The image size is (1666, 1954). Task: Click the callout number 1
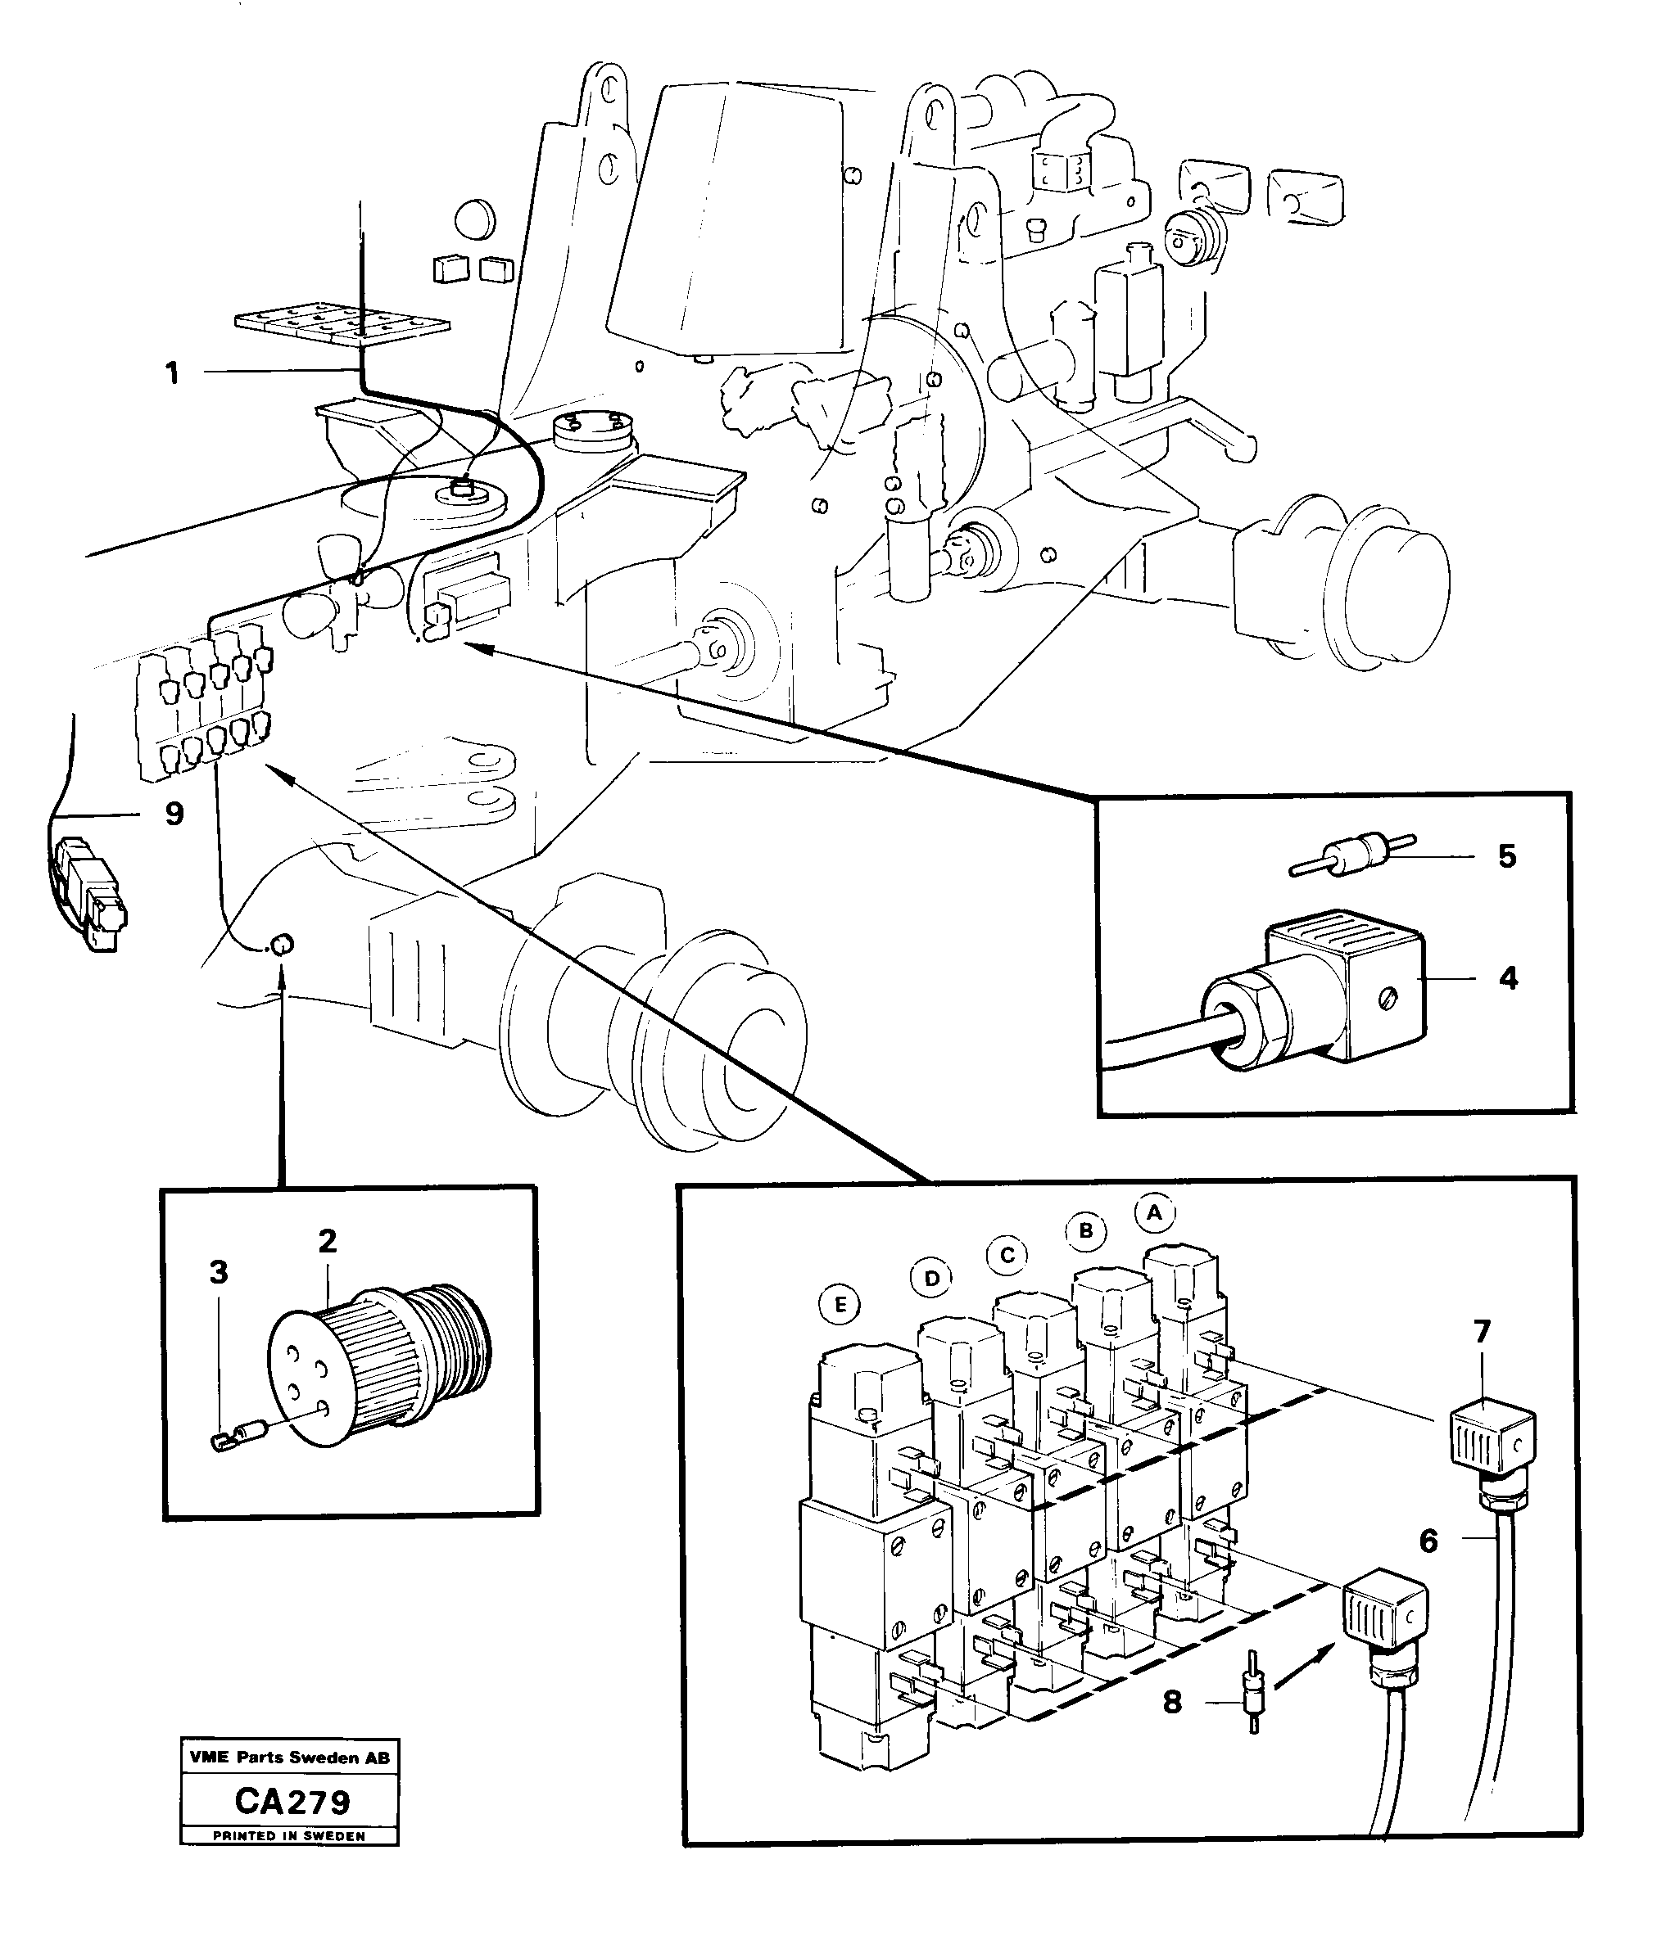point(172,374)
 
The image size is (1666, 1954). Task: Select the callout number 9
point(174,814)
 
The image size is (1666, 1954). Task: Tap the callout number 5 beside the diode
point(1506,856)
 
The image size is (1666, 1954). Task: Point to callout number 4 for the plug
point(1508,978)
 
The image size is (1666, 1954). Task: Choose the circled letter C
point(1007,1255)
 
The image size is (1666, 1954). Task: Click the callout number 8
point(1171,1702)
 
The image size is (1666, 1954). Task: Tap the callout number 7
point(1481,1332)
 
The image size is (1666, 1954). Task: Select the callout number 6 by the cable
point(1428,1541)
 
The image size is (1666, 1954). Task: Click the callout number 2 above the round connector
point(328,1241)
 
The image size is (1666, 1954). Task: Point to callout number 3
point(219,1272)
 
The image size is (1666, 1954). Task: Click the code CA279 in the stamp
point(292,1803)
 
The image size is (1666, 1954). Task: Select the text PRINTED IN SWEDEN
point(288,1835)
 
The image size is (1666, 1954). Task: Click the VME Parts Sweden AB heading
point(288,1758)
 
